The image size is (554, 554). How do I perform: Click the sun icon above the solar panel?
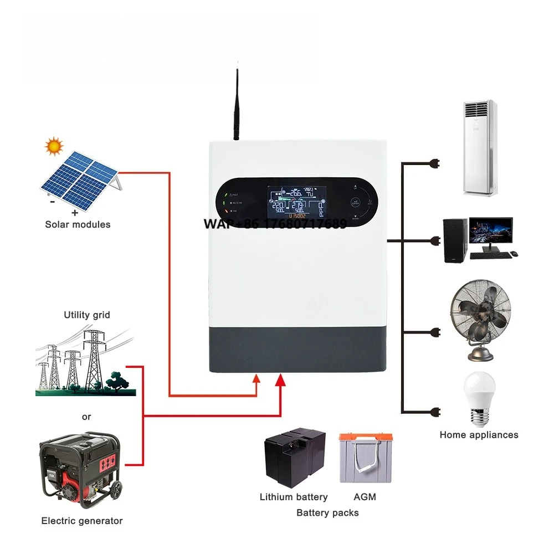click(x=54, y=146)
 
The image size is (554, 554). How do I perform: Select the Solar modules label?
click(x=78, y=224)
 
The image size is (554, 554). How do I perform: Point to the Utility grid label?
click(x=87, y=315)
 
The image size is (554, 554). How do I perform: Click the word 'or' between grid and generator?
click(x=86, y=417)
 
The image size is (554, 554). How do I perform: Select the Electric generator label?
click(x=82, y=521)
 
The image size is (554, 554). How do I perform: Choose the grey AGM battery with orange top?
click(x=365, y=458)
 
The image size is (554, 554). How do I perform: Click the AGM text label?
click(x=365, y=497)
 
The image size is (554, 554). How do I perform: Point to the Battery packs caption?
click(x=327, y=512)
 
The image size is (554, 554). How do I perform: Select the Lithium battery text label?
click(x=294, y=497)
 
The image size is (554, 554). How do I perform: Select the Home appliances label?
click(x=479, y=435)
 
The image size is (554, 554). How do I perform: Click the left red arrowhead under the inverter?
click(x=257, y=379)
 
